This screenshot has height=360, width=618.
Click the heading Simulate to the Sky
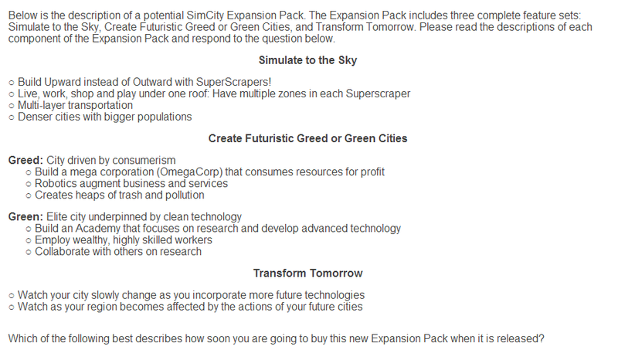pos(307,60)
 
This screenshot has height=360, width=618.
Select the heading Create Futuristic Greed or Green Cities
pos(307,138)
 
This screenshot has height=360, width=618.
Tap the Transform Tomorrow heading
pos(307,273)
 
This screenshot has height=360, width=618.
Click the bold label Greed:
pos(25,161)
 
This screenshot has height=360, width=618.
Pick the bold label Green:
pos(25,217)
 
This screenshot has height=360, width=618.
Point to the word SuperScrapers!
pos(234,82)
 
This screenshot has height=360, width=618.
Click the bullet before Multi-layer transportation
pos(12,106)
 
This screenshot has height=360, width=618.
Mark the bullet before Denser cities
pos(12,117)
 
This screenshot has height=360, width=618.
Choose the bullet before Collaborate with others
pos(29,252)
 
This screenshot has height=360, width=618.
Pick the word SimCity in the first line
pos(205,15)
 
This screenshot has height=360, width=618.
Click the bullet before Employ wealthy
pos(29,240)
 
